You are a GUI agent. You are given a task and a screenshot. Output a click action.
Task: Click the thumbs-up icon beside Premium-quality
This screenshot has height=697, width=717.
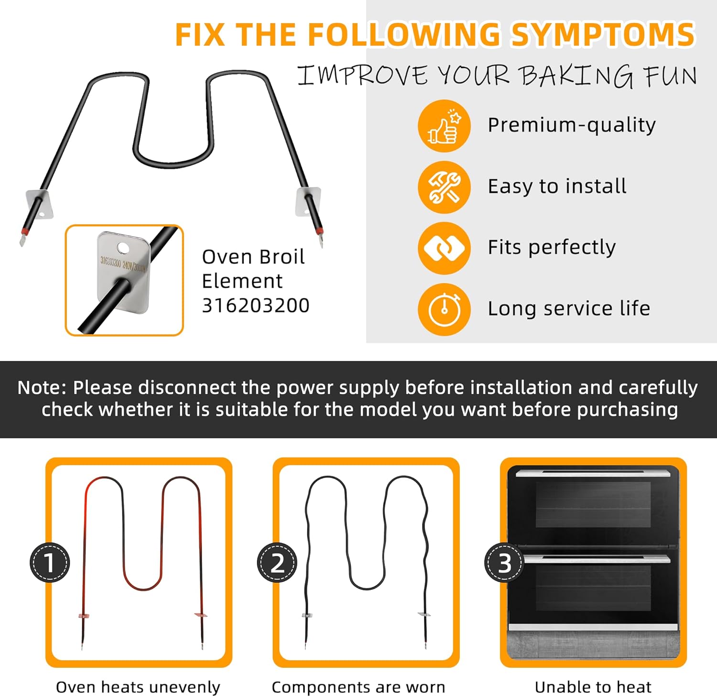[444, 126]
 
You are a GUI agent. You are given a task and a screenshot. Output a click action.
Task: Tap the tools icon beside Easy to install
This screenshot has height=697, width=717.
[444, 187]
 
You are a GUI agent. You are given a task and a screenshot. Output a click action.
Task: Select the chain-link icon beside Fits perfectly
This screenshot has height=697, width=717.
[444, 248]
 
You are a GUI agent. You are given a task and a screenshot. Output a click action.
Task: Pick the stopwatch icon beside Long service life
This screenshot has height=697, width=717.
[444, 309]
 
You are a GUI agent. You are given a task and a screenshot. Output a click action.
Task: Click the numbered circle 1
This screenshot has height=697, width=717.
[50, 563]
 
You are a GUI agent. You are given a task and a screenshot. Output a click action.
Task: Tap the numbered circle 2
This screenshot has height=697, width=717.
[277, 563]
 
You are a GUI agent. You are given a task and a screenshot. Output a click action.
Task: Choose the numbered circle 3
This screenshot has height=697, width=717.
[504, 563]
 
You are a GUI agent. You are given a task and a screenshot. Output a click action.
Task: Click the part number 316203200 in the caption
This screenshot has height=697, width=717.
[256, 305]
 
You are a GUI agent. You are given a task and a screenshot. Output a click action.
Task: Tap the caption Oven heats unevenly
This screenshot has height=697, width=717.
[138, 687]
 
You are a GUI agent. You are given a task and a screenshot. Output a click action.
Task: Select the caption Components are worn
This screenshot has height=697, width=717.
[358, 687]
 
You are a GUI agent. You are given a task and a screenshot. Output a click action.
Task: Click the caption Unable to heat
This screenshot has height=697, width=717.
[593, 687]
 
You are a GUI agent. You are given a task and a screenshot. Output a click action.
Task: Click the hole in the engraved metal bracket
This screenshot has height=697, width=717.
[123, 247]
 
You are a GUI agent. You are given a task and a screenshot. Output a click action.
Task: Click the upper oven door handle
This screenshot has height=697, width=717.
[593, 473]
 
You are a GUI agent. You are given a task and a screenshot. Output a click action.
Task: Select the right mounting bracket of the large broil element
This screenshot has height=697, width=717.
[308, 201]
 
